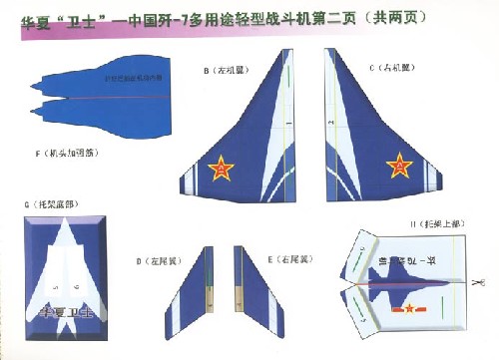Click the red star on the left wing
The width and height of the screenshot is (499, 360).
pyautogui.click(x=219, y=170)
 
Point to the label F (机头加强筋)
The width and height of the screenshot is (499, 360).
pyautogui.click(x=68, y=154)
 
